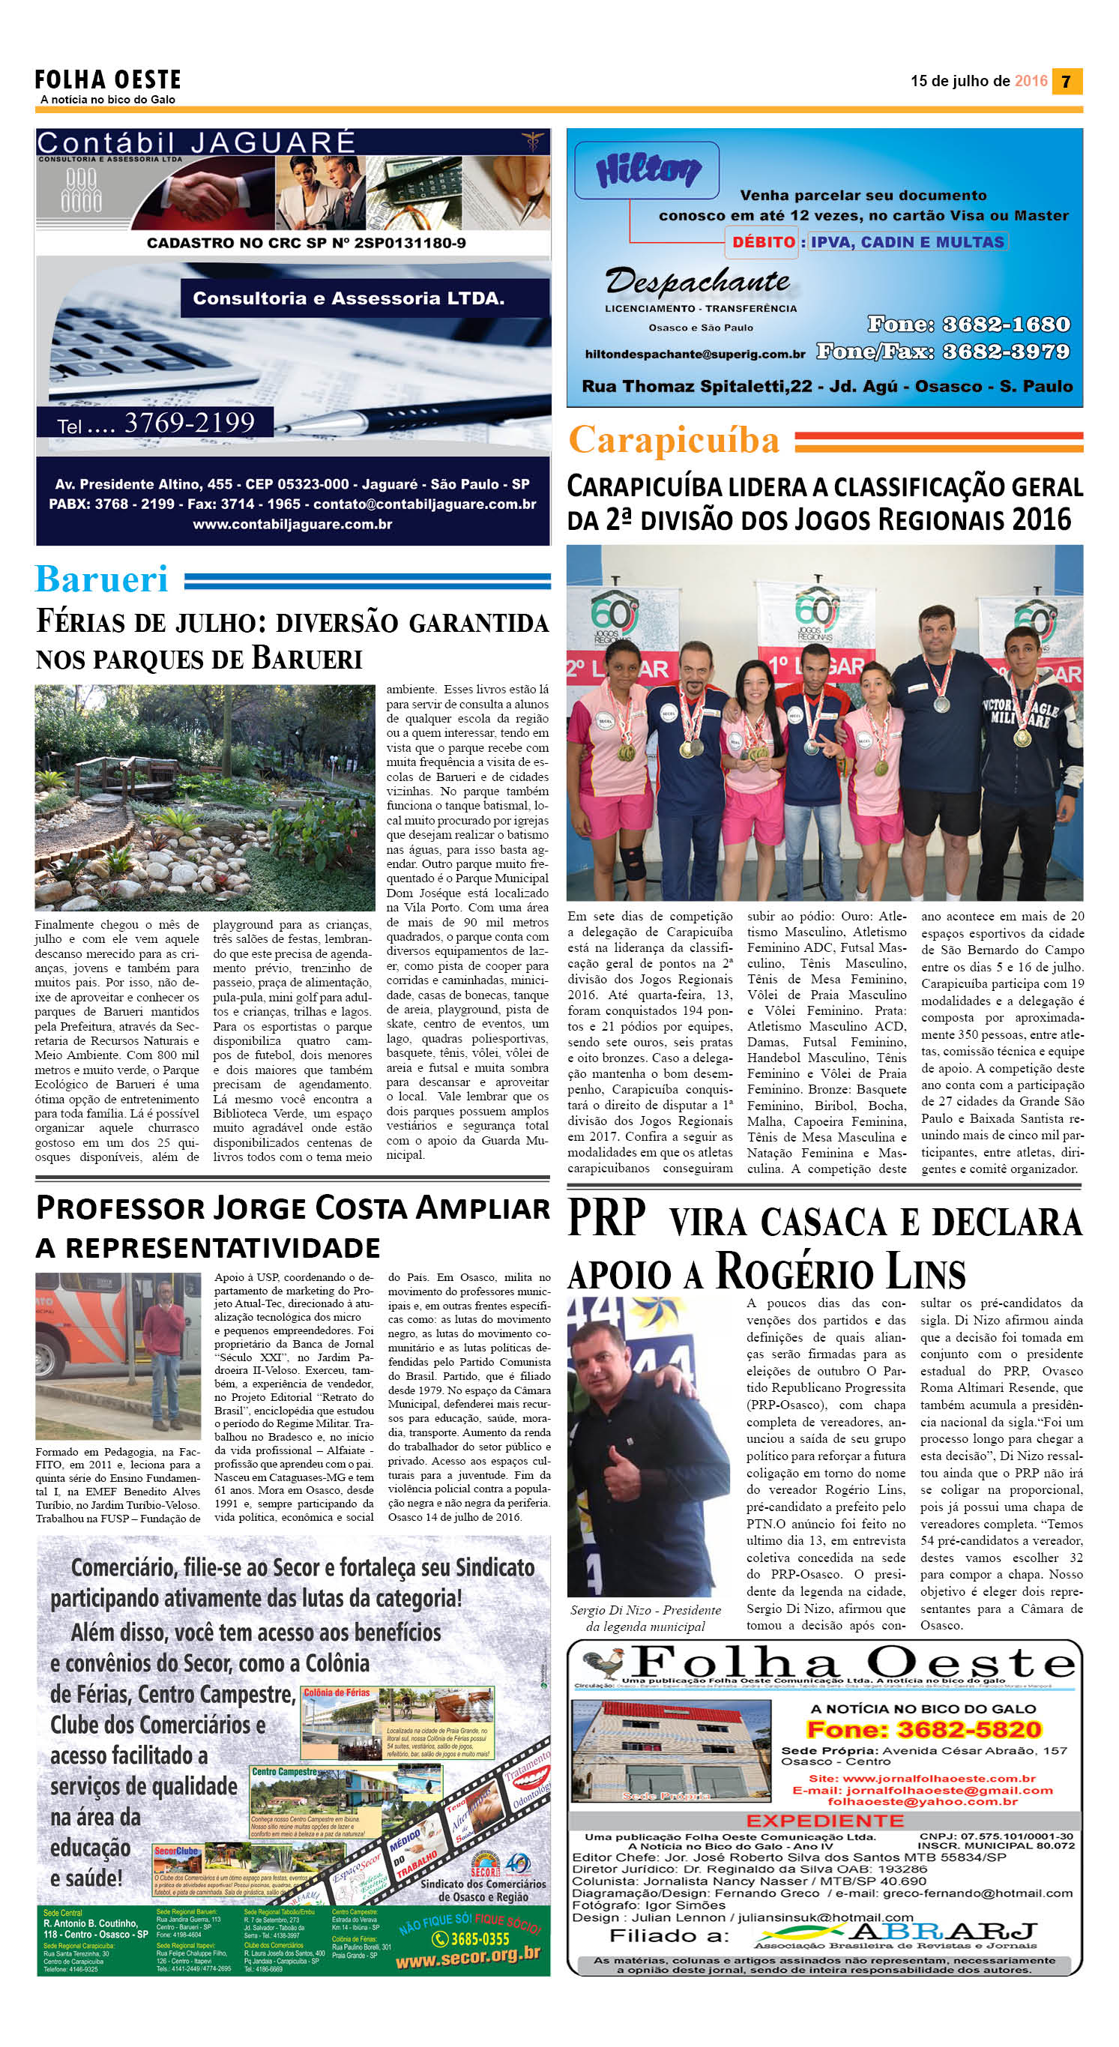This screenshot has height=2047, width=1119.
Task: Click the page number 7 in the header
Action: (1067, 81)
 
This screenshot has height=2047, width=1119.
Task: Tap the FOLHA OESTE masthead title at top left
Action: (108, 79)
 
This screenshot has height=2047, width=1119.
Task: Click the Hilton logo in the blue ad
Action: (648, 169)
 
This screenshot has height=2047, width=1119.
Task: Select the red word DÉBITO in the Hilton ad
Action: (763, 241)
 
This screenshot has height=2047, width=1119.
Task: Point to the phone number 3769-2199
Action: (189, 422)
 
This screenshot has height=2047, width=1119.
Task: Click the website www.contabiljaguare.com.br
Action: (292, 525)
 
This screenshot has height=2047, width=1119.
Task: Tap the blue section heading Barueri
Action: (102, 579)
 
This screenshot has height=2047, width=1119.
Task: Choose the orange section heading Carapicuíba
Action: (674, 439)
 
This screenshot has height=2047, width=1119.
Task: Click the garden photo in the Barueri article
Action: (205, 797)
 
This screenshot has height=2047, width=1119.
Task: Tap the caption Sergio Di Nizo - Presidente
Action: (645, 1610)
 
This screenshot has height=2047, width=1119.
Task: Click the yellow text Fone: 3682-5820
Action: (923, 1729)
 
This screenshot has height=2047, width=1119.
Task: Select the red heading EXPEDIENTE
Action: (824, 1821)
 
